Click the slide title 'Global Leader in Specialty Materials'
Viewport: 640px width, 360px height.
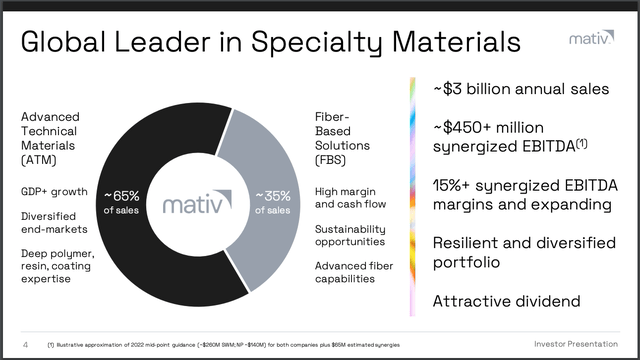(x=271, y=43)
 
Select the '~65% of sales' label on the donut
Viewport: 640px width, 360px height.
(x=126, y=201)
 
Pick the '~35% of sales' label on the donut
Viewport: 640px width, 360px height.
(x=275, y=201)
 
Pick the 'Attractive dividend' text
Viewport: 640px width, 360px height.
(x=505, y=300)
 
